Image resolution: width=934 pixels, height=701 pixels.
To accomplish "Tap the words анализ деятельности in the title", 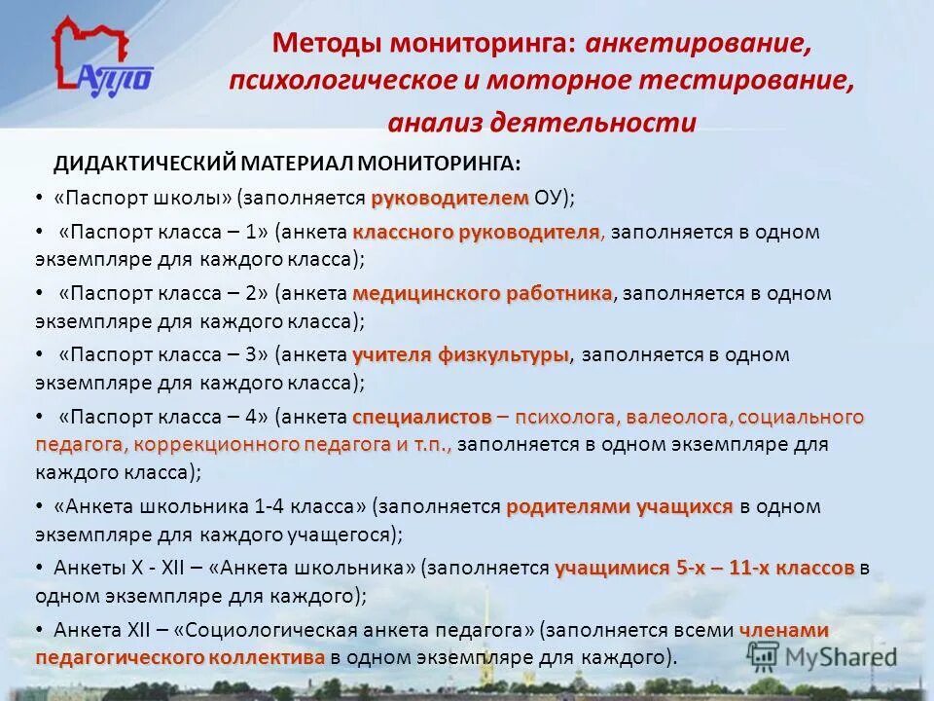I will [x=542, y=123].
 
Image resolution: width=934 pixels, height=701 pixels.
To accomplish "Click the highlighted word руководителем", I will [x=449, y=198].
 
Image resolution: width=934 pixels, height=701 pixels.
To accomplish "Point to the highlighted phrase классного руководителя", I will [x=476, y=232].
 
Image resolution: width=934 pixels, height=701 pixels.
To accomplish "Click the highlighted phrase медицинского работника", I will [x=483, y=293].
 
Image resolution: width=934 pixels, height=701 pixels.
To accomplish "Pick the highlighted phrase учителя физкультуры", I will [x=460, y=354].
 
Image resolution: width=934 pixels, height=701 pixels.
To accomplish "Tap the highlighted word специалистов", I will [x=421, y=417].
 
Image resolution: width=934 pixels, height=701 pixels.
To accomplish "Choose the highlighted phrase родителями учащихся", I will [x=619, y=506].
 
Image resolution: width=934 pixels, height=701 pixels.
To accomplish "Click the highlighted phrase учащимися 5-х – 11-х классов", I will [x=704, y=568].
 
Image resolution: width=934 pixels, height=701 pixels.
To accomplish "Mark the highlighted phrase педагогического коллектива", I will [x=180, y=657].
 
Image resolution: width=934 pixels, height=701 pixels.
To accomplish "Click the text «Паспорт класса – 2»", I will [x=163, y=293].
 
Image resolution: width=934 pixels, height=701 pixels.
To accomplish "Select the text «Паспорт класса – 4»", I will [x=163, y=417].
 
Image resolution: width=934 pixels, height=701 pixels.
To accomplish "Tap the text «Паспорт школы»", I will [x=144, y=198].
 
